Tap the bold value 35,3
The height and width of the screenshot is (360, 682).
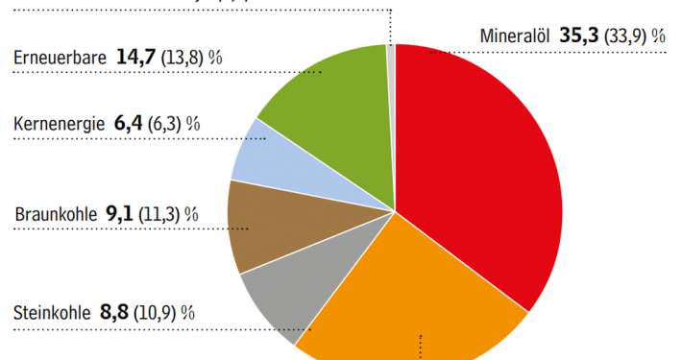[579, 36]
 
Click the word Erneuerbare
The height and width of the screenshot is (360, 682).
[60, 58]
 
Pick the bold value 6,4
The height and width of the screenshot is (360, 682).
[127, 124]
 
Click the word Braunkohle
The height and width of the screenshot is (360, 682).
[56, 214]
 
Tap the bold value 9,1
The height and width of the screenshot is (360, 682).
[120, 214]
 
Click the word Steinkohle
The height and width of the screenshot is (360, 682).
[52, 312]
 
